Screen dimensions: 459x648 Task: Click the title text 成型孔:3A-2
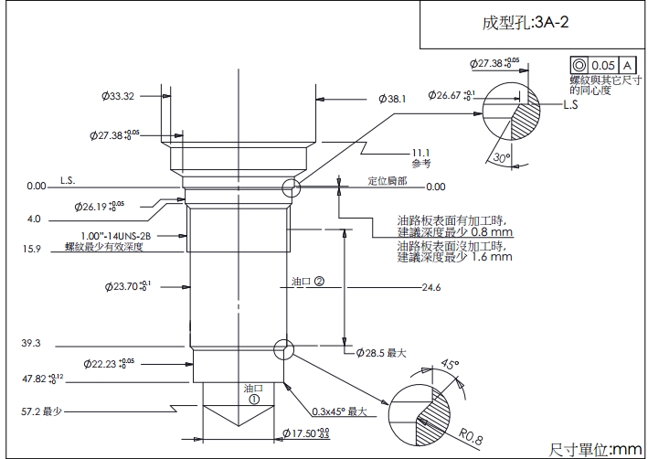[526, 23]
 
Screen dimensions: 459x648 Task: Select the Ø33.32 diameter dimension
[118, 96]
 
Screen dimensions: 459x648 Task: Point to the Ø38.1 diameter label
[391, 99]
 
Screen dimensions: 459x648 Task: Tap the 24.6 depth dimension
[431, 288]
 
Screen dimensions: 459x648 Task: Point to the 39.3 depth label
[30, 344]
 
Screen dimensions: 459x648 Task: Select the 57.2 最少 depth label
[41, 411]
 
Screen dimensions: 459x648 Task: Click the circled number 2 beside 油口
[319, 282]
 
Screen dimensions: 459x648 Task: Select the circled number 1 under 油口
[253, 399]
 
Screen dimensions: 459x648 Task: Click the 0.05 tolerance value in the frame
[603, 65]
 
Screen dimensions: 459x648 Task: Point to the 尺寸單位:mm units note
[595, 449]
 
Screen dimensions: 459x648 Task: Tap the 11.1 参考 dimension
[420, 157]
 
